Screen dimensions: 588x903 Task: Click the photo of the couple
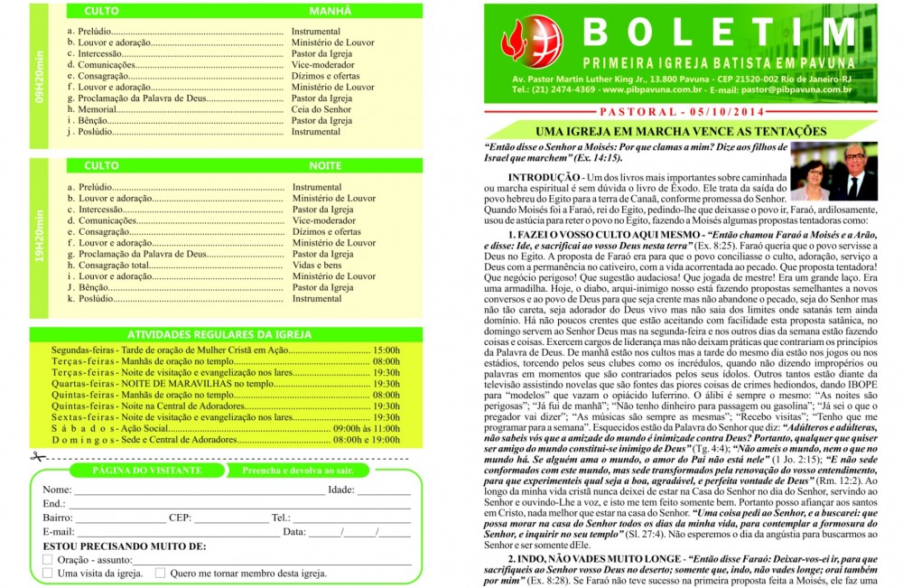(x=833, y=171)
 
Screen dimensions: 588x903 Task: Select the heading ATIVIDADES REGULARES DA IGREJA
(x=214, y=333)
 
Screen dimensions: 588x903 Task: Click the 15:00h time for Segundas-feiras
(x=386, y=349)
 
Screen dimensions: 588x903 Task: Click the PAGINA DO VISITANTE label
(x=128, y=471)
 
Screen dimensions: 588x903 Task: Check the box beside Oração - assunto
(x=48, y=560)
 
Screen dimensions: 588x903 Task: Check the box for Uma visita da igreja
(x=48, y=573)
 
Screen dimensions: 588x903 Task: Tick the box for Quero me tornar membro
(x=160, y=573)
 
